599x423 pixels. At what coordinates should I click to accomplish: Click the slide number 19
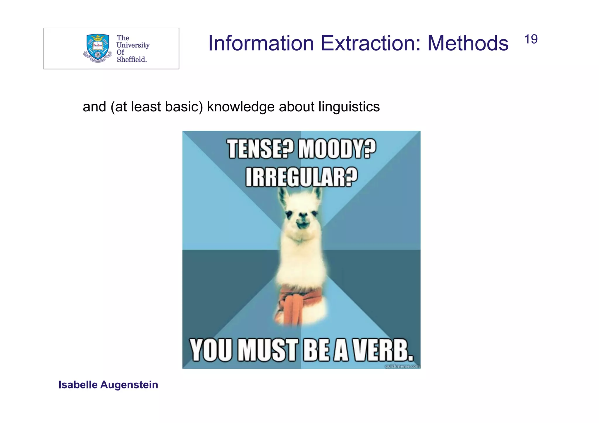click(x=531, y=39)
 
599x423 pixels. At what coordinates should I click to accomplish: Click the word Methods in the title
click(x=468, y=43)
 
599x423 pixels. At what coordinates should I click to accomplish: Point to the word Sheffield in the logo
click(x=132, y=59)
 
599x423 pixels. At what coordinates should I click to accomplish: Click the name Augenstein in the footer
click(x=129, y=385)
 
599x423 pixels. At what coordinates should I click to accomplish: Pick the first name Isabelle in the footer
click(x=78, y=385)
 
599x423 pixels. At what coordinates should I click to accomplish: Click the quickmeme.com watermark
click(x=402, y=366)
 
